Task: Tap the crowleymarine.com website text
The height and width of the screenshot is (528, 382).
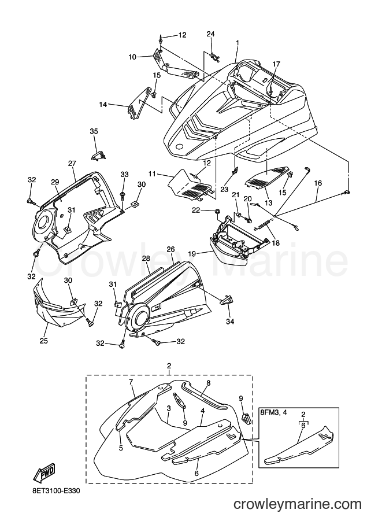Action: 298,514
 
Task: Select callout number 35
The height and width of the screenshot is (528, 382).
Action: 94,131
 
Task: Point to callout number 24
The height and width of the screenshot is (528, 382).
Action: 211,34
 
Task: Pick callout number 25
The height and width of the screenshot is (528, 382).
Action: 43,341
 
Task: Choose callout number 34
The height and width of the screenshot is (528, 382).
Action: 230,322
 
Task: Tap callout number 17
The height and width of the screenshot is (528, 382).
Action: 276,64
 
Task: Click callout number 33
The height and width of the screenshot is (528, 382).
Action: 124,175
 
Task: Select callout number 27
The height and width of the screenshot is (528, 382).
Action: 72,163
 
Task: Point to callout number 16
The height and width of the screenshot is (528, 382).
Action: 318,183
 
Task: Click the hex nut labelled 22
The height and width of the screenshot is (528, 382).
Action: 217,212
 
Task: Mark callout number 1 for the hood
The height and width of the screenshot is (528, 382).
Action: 238,43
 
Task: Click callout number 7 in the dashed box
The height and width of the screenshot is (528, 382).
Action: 131,382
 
